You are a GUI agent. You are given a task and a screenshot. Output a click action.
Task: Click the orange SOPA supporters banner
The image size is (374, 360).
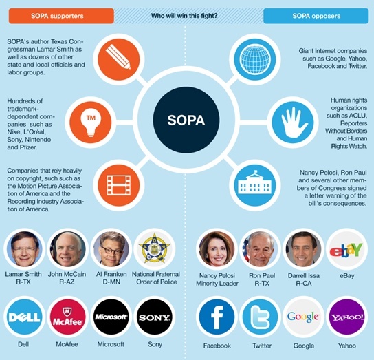(x=61, y=16)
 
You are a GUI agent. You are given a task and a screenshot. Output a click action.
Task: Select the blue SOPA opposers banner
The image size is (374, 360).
(x=316, y=16)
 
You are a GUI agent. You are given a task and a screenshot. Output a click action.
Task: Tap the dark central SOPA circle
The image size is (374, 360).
(x=186, y=120)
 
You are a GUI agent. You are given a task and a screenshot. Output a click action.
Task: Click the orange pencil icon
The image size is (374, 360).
(x=118, y=59)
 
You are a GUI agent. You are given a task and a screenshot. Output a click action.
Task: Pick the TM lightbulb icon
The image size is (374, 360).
(x=91, y=122)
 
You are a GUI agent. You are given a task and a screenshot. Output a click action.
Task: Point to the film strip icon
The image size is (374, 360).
(x=118, y=185)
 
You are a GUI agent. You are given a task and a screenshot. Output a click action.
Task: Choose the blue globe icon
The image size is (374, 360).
(x=255, y=59)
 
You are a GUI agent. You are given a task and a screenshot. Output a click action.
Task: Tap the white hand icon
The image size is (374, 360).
(x=293, y=122)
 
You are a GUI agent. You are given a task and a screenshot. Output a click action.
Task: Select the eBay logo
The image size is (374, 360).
(x=346, y=249)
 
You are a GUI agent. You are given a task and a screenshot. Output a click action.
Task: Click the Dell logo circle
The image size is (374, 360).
(x=24, y=317)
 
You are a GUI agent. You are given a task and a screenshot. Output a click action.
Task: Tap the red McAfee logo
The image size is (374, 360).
(x=68, y=317)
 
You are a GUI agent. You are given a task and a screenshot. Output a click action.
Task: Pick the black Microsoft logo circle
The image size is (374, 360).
(x=111, y=317)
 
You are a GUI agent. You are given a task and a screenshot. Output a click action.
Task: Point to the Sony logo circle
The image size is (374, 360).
(x=155, y=317)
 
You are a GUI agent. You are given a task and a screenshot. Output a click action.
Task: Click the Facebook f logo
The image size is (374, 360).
(x=217, y=317)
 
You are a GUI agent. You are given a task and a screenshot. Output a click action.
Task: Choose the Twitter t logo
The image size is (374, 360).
(x=261, y=317)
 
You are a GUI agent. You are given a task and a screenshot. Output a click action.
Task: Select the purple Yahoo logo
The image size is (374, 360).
(x=346, y=317)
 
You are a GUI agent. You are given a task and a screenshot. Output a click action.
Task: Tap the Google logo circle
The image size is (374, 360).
(x=303, y=317)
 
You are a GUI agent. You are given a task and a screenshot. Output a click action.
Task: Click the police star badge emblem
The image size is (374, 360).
(x=155, y=248)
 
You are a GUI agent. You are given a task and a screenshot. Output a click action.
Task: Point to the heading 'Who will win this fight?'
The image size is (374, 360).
(x=184, y=16)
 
